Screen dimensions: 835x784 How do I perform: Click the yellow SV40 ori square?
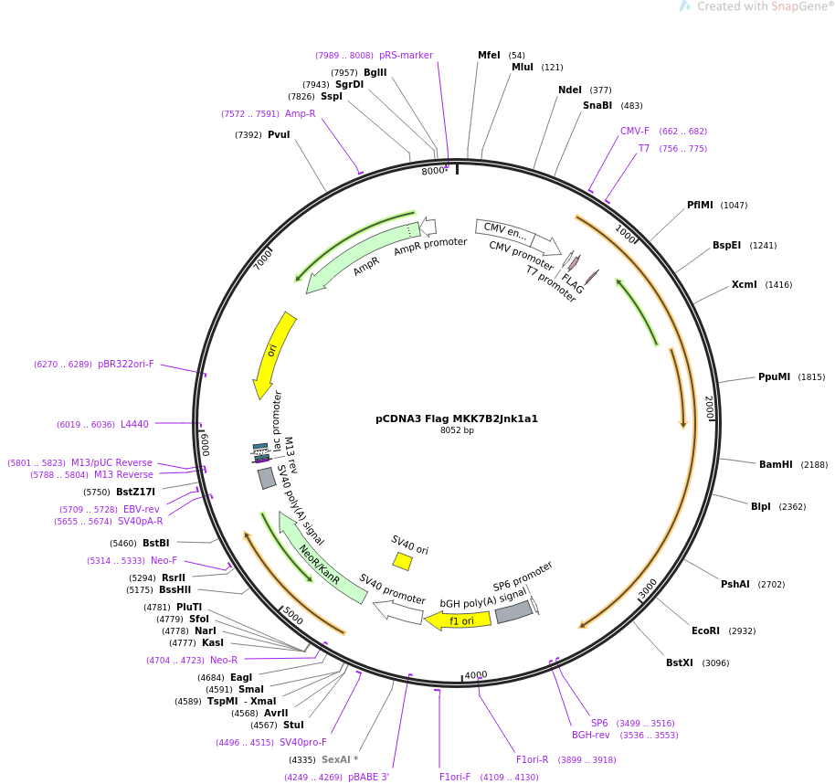(x=403, y=561)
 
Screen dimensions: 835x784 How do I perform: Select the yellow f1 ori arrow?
(x=458, y=620)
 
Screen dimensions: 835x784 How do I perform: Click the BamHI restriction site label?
(x=776, y=464)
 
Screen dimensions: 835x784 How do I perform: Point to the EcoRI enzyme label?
(x=705, y=630)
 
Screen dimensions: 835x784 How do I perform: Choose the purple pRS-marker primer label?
(x=406, y=56)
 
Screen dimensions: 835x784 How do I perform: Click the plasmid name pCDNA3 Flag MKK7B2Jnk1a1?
(x=457, y=418)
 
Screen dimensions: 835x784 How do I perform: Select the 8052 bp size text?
(x=457, y=430)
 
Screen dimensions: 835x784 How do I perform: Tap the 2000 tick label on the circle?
(x=709, y=408)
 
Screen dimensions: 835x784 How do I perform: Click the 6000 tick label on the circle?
(x=205, y=445)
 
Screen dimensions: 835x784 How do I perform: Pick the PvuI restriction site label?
(x=279, y=134)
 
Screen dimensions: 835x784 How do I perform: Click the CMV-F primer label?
(x=634, y=131)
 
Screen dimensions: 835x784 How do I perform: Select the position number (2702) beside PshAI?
(x=771, y=584)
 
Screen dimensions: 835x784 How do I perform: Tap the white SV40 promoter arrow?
(x=397, y=612)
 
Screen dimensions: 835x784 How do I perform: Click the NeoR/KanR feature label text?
(x=320, y=565)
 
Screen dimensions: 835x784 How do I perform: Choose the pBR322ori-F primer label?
(x=126, y=365)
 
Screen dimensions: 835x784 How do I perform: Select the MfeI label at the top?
(x=489, y=55)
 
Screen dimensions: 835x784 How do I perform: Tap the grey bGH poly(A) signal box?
(x=514, y=612)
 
